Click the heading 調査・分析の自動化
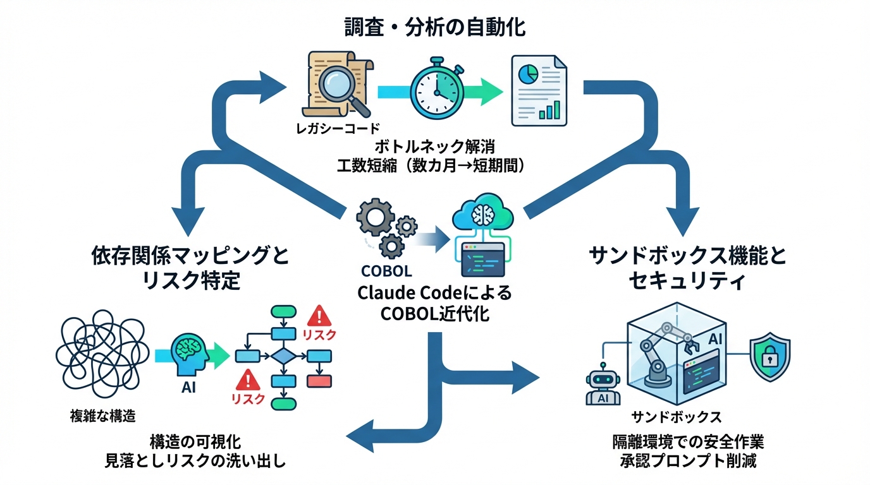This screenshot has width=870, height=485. point(434,27)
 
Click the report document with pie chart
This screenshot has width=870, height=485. point(538,88)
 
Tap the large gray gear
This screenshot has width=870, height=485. point(376,218)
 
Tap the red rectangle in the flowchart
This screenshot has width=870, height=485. point(319,381)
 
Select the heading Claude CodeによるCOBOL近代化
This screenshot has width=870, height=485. point(434,304)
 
